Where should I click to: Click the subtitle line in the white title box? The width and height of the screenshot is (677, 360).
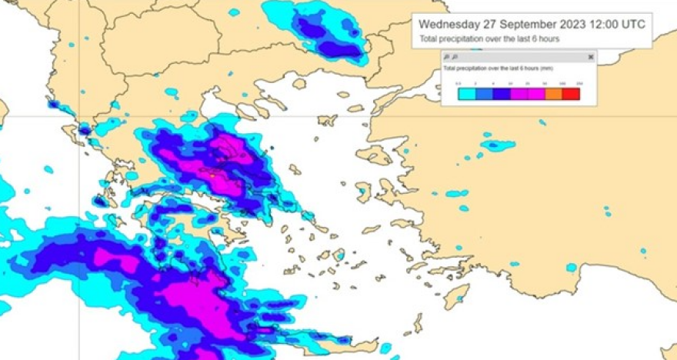[x=489, y=38]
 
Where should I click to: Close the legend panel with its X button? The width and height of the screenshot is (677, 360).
[x=591, y=57]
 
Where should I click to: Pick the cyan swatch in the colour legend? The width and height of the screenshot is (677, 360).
[x=466, y=94]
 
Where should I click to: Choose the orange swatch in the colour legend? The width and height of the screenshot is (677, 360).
[x=553, y=94]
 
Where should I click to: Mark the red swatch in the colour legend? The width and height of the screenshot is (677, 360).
[x=570, y=94]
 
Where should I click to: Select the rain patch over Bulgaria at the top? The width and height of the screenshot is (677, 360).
[x=323, y=31]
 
